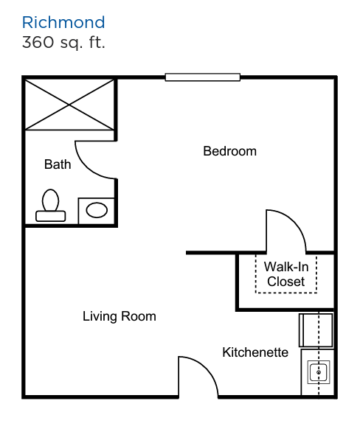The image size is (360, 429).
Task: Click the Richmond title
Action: [x=63, y=22]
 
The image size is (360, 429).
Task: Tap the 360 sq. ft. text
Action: [x=63, y=43]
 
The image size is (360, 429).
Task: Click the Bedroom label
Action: [x=229, y=151]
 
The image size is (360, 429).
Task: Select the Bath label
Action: [x=58, y=164]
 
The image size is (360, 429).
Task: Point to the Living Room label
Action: [x=120, y=316]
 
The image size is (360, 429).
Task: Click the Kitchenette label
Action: [x=255, y=352]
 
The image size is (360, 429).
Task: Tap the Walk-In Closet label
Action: [x=286, y=274]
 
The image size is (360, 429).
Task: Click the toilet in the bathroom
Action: [x=51, y=205]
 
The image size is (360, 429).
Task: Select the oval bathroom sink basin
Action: [x=97, y=210]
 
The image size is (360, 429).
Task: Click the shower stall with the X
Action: [x=69, y=105]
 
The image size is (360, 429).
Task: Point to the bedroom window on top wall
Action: [x=203, y=77]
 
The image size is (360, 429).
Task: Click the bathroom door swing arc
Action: [x=89, y=167]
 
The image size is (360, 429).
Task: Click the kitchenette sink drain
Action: [x=319, y=372]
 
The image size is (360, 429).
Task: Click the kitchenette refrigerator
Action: [x=316, y=330]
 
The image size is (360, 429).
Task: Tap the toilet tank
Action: [x=51, y=216]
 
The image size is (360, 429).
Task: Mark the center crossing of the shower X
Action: [x=69, y=105]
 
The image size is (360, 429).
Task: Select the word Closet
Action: [x=286, y=282]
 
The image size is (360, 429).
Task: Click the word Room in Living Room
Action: [x=139, y=316]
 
